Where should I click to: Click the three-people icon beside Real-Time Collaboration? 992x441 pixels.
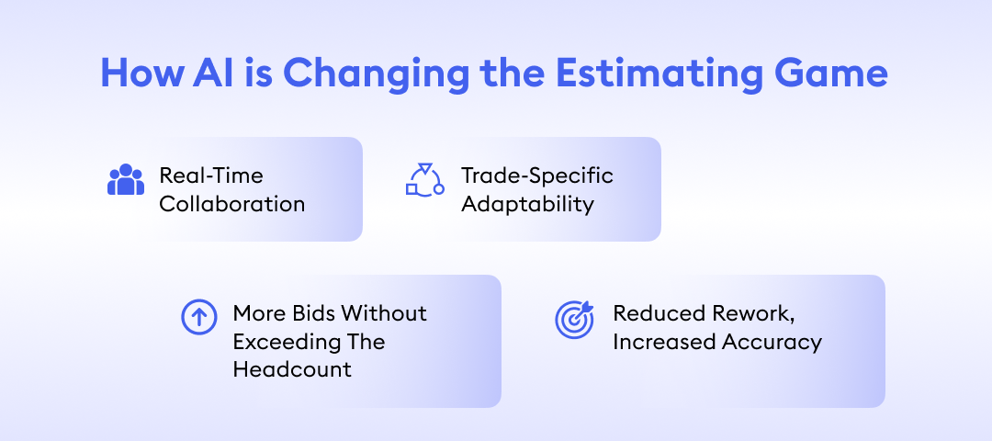[x=126, y=180]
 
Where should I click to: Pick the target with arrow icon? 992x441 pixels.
[x=575, y=319]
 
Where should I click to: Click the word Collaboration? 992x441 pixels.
[x=231, y=204]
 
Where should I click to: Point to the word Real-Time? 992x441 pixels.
[x=210, y=175]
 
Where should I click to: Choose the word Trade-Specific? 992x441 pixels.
[x=536, y=175]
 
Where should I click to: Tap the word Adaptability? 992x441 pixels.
[x=527, y=204]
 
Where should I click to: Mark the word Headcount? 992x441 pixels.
[x=292, y=370]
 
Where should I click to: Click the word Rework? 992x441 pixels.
[x=752, y=313]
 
